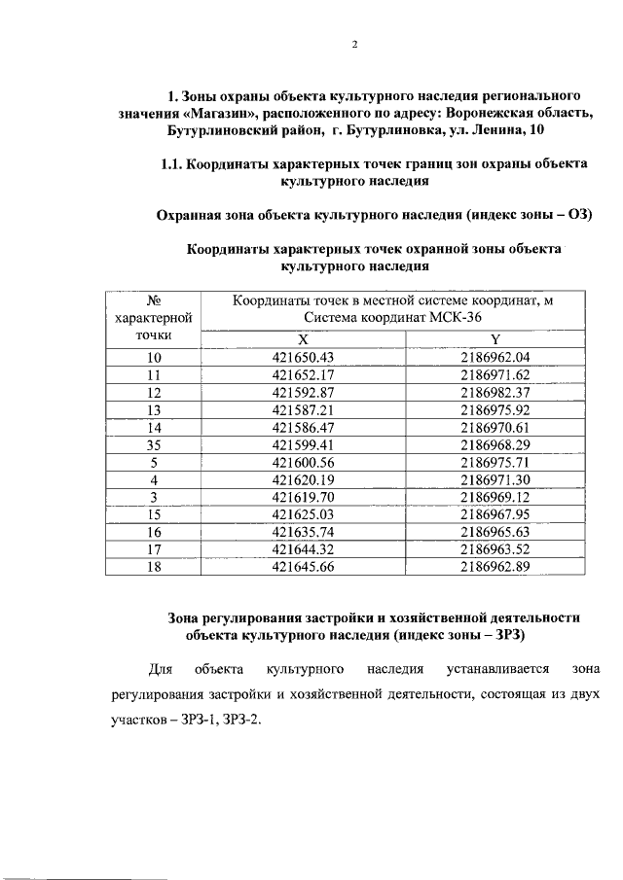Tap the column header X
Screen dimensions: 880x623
tap(303, 339)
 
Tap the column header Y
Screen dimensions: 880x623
tap(495, 339)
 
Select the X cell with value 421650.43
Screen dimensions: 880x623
tap(303, 357)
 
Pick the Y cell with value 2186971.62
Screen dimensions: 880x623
tap(495, 374)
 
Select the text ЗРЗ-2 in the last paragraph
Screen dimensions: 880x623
tap(241, 722)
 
